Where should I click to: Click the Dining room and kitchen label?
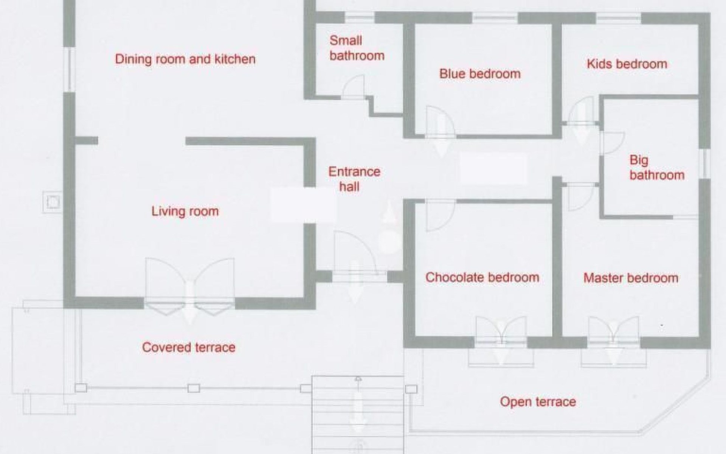tap(185, 59)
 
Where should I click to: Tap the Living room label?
tap(185, 211)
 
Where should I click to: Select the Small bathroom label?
tap(357, 48)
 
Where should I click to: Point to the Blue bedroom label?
tap(480, 73)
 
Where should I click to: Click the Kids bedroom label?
tap(627, 64)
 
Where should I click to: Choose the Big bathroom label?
tap(657, 168)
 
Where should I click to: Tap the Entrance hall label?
tap(354, 179)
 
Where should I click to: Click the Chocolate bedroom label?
tap(482, 277)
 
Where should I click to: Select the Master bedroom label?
tap(631, 278)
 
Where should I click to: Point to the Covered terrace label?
tap(189, 347)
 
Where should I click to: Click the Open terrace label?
tap(538, 401)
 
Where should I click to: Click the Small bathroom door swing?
tap(354, 86)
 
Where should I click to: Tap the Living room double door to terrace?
tap(189, 286)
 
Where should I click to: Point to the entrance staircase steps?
tap(358, 415)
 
